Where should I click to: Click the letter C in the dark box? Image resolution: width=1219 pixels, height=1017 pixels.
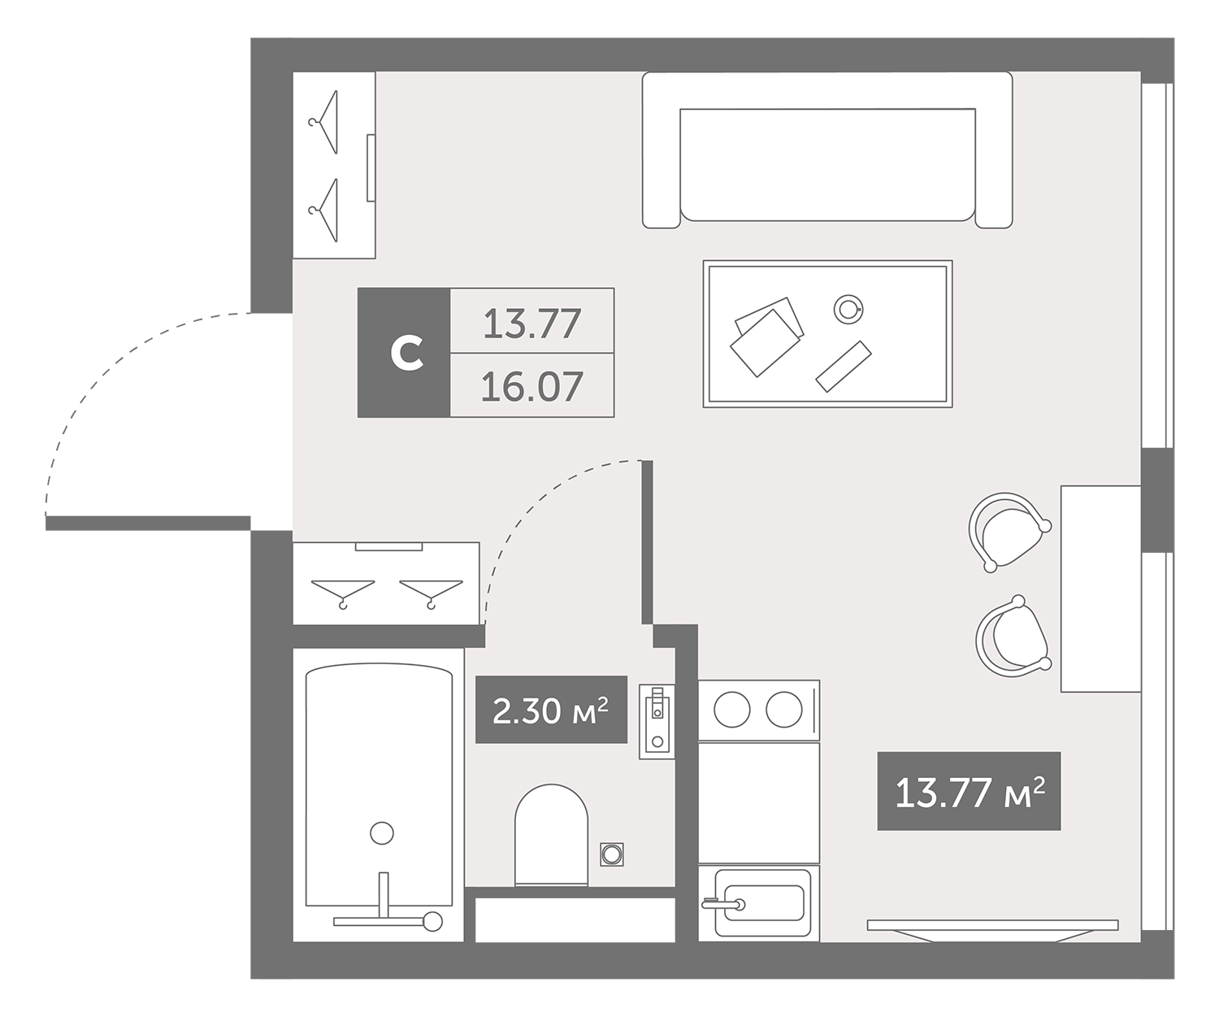407,353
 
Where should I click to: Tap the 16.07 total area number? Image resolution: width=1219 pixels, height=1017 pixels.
531,386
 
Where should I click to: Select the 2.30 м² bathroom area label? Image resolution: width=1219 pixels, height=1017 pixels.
551,710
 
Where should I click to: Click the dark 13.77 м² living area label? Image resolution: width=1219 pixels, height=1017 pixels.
969,791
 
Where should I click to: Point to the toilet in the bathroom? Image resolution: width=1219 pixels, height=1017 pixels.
551,836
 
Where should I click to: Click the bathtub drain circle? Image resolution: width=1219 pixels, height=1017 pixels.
382,833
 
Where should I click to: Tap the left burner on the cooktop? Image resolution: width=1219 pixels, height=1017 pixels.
731,710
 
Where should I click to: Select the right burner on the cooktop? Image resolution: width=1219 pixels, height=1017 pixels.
784,710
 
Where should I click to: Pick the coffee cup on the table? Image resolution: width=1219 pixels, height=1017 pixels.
848,309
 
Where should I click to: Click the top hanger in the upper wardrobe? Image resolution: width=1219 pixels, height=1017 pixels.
324,122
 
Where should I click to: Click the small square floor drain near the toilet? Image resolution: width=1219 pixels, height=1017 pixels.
612,854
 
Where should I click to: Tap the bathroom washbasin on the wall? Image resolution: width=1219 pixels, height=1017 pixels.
657,721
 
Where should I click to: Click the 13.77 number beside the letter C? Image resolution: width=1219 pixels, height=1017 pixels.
531,323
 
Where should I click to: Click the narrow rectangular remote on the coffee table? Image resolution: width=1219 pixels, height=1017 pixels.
844,367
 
